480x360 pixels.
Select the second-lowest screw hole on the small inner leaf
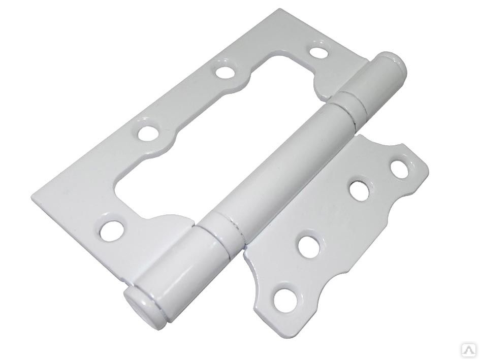pyautogui.click(x=309, y=245)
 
